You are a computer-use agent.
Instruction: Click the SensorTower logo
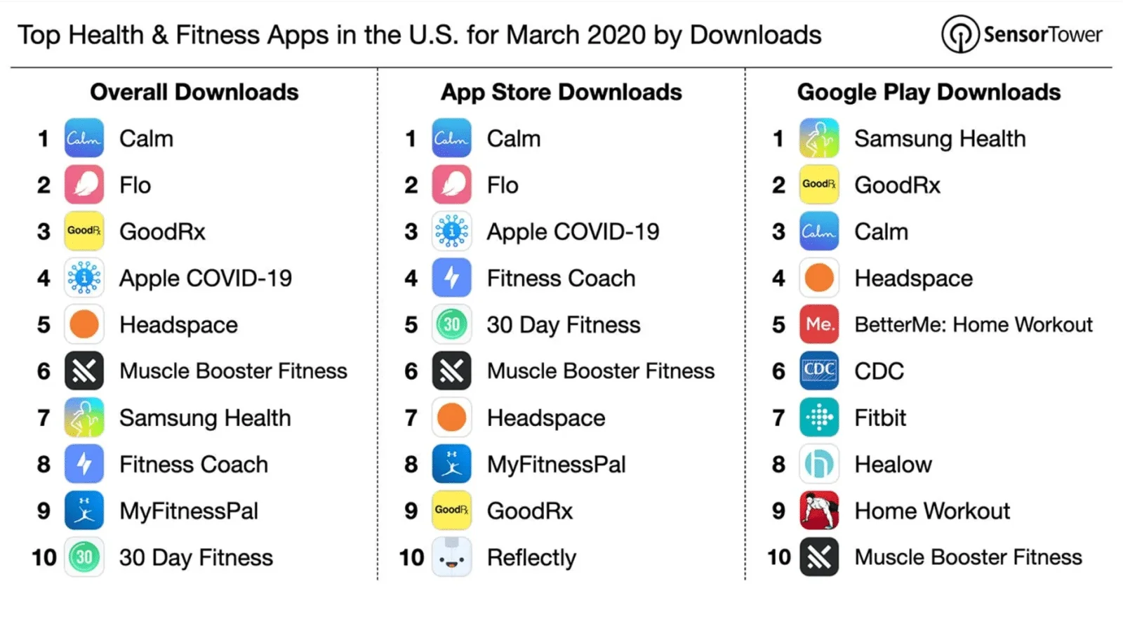coord(1022,34)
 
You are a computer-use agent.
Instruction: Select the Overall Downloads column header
coord(194,92)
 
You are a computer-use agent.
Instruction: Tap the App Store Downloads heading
coord(561,92)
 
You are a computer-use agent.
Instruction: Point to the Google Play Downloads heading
coord(929,92)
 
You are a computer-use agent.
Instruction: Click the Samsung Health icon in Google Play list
coord(819,138)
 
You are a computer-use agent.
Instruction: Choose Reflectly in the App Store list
coord(531,558)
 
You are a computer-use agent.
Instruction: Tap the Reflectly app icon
coord(451,557)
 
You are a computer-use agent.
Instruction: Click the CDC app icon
coord(819,371)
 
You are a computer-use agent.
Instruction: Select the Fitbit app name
coord(880,418)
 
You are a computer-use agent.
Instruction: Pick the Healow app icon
coord(819,464)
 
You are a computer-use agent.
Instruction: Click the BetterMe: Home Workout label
coord(974,324)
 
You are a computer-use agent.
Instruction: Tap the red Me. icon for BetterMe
coord(819,324)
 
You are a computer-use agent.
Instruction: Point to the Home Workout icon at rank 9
coord(819,510)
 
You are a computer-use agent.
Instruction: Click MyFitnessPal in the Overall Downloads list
coord(189,511)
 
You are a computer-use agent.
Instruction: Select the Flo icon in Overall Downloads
coord(84,185)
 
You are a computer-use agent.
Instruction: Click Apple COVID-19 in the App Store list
coord(573,232)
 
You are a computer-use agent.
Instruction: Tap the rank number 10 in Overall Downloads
coord(44,557)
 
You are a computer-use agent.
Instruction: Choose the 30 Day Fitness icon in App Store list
coord(451,324)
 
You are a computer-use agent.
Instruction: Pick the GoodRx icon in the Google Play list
coord(819,185)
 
